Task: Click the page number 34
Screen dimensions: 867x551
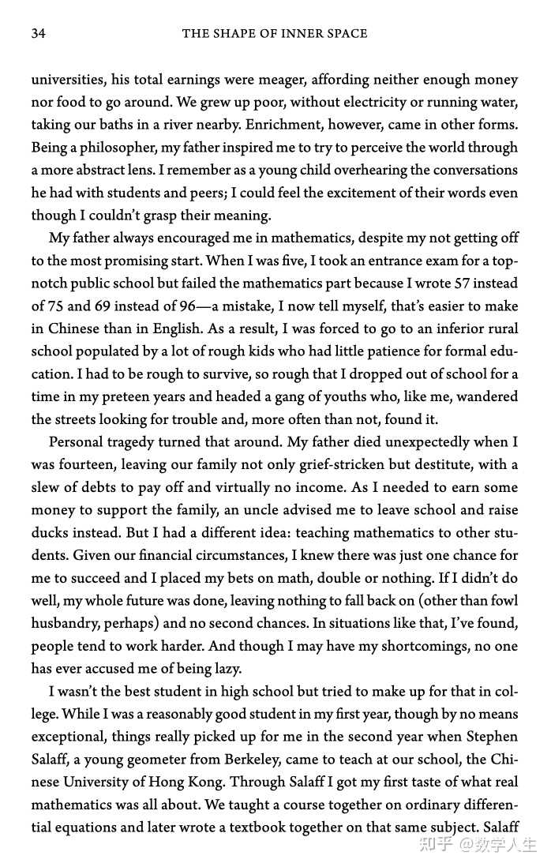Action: pos(39,33)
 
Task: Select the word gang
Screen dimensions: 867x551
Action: pos(317,396)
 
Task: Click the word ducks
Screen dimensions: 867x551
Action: pos(50,510)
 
